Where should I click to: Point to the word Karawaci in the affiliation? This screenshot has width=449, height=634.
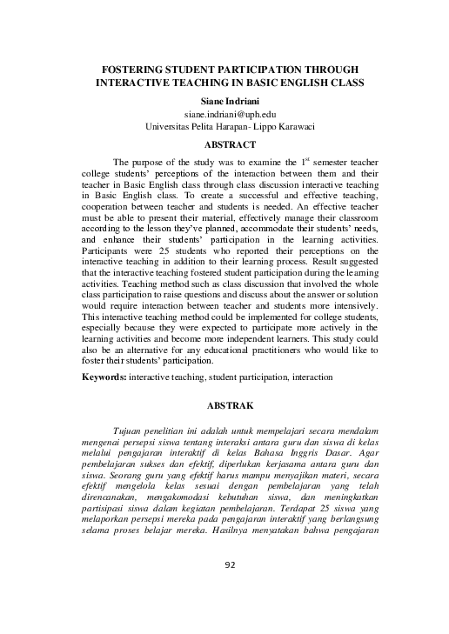click(x=288, y=126)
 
